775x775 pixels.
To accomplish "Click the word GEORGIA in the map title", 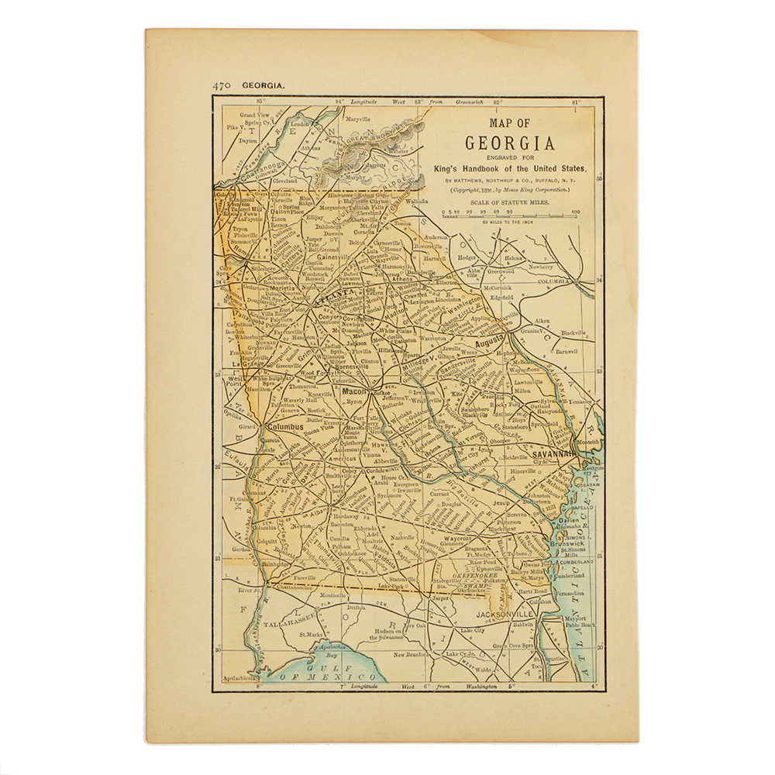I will point(509,143).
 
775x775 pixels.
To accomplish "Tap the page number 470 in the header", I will point(221,86).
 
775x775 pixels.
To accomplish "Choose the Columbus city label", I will point(284,426).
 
